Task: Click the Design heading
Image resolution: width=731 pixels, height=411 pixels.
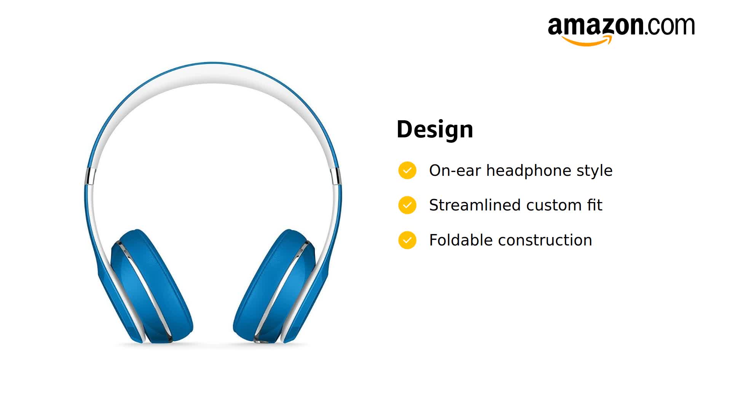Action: pyautogui.click(x=435, y=129)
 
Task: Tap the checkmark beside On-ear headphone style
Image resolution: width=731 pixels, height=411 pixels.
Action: pyautogui.click(x=407, y=170)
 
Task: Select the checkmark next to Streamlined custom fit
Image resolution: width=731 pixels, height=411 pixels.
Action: pyautogui.click(x=407, y=205)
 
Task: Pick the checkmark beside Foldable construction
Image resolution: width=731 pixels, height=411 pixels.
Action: pyautogui.click(x=407, y=241)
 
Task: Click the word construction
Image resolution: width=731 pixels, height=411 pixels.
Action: pyautogui.click(x=545, y=241)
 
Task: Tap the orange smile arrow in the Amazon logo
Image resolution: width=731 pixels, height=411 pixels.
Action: pyautogui.click(x=587, y=41)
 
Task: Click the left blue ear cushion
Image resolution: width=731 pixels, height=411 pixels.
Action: pyautogui.click(x=152, y=285)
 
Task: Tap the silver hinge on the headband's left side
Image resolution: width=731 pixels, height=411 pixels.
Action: pyautogui.click(x=90, y=176)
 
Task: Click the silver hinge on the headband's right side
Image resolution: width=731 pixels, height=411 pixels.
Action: pyautogui.click(x=336, y=176)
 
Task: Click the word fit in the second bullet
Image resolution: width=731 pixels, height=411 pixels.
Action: pyautogui.click(x=594, y=205)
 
